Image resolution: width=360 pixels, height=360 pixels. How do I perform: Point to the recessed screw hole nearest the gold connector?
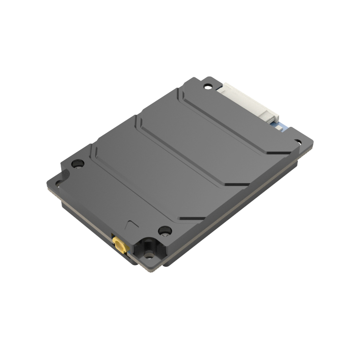click(165, 230)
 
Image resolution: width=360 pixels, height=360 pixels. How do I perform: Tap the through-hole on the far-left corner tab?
click(57, 182)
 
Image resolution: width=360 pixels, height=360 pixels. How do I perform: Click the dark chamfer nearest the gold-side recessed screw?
click(189, 219)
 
